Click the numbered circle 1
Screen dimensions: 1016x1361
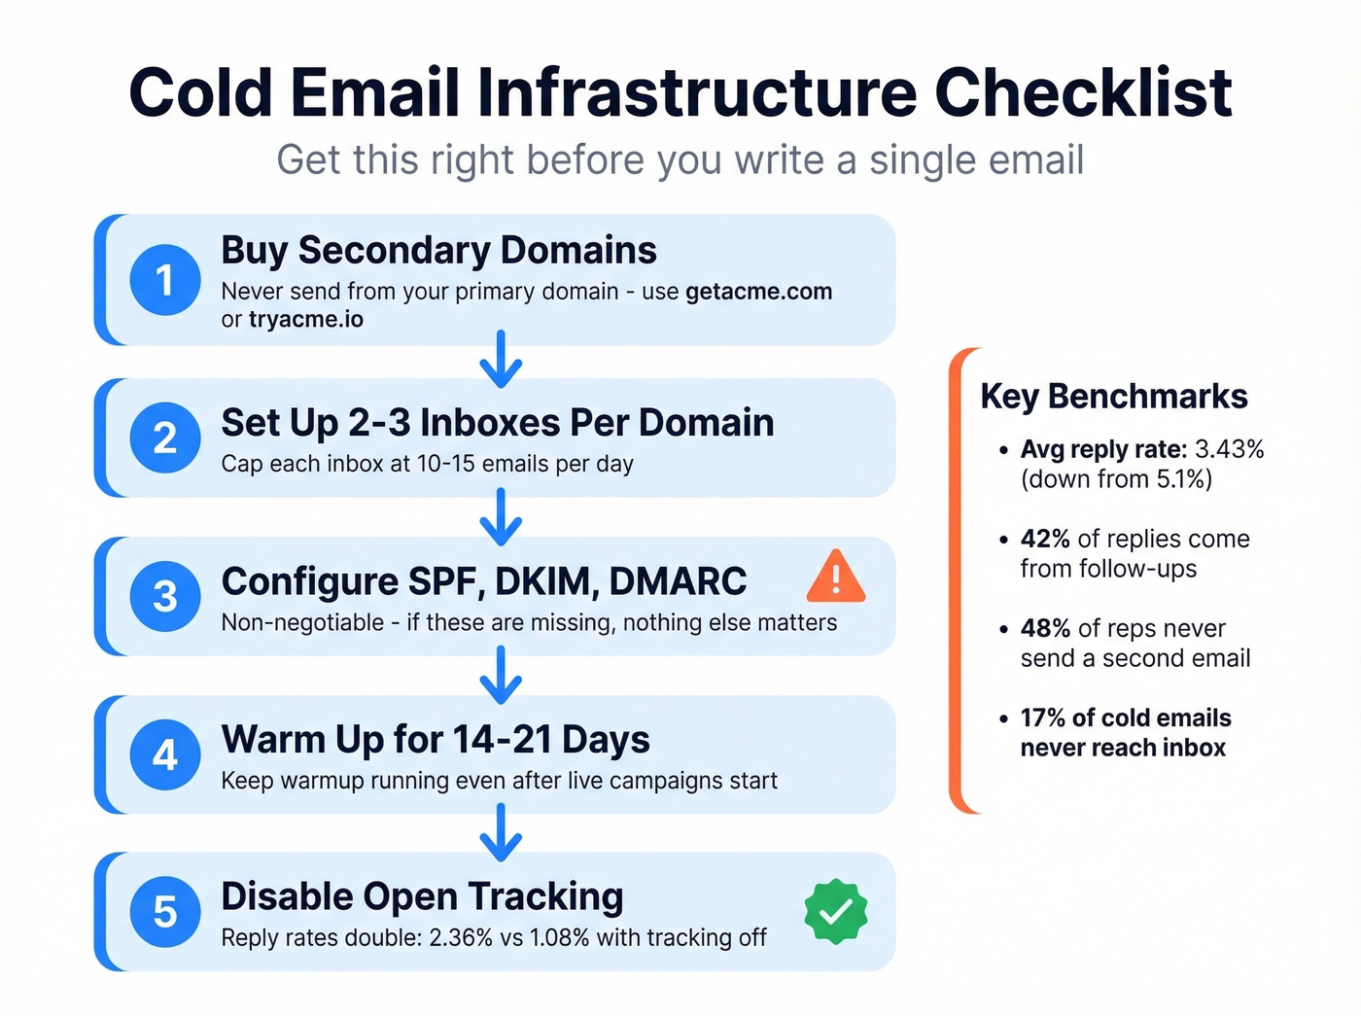pos(165,280)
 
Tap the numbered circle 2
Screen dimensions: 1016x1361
pos(165,438)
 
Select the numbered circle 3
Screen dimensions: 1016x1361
pos(165,596)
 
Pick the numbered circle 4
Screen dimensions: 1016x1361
pos(165,754)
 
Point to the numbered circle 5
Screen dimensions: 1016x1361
pos(165,912)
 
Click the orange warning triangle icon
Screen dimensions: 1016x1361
pos(835,577)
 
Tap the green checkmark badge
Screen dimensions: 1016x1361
pos(835,911)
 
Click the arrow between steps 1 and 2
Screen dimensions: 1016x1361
pos(501,361)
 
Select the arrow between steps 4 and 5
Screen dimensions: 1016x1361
pos(501,833)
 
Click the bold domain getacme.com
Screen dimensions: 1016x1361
pos(758,292)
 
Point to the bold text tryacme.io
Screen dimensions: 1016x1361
pos(305,320)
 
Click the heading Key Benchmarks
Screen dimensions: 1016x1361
pos(1113,397)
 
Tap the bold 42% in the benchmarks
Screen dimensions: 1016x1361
pos(1045,540)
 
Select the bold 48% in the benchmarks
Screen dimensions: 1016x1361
pos(1045,629)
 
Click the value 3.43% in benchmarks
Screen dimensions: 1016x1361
pos(1229,449)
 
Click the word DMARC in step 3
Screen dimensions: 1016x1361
pos(678,581)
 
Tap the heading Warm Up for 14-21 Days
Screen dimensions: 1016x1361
pos(436,740)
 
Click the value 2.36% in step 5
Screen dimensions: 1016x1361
pos(461,938)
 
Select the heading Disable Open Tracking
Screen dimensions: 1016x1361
pos(422,896)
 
